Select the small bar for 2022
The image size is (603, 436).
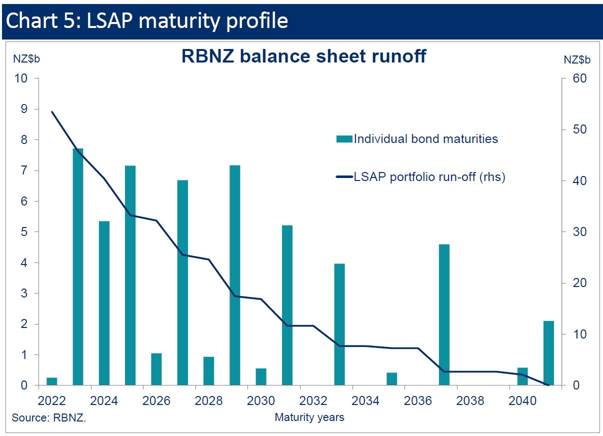(x=51, y=381)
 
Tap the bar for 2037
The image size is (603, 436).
(x=444, y=315)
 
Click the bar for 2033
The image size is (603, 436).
(x=339, y=324)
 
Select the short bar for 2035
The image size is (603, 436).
(x=391, y=379)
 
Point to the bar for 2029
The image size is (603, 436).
(x=235, y=275)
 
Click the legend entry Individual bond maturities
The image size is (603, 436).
(x=425, y=139)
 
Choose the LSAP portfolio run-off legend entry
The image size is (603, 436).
(x=429, y=177)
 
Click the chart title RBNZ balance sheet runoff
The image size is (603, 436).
(x=303, y=56)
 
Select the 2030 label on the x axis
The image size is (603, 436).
(x=260, y=401)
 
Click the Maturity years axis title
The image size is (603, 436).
(x=309, y=417)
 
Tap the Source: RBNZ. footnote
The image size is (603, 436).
(x=49, y=417)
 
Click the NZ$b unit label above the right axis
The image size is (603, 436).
(x=577, y=59)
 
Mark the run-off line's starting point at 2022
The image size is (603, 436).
(x=52, y=111)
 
